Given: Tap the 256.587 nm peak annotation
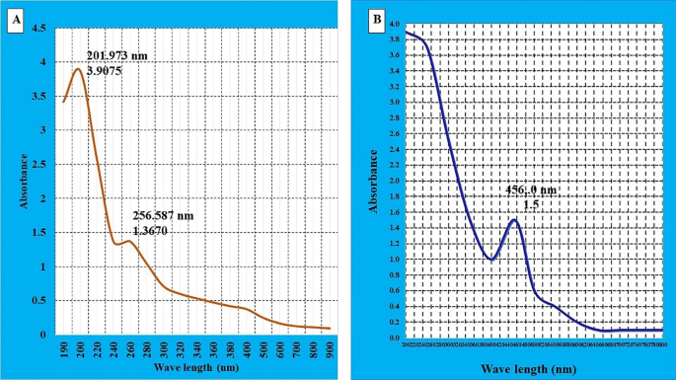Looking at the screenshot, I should coord(165,214).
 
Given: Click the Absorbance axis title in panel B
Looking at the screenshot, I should coord(373,182).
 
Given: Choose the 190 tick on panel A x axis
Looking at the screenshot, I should coord(64,346).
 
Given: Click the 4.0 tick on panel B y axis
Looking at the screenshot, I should coord(394,25).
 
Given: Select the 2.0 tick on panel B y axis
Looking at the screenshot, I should coord(394,181).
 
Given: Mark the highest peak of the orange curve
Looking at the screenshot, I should coord(77,68).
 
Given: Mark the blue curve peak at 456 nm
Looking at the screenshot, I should coord(514,220).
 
